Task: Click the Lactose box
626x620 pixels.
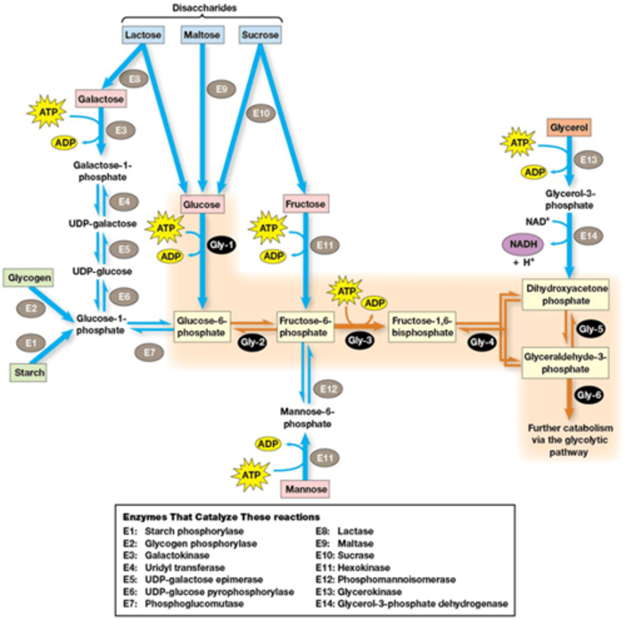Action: tap(143, 35)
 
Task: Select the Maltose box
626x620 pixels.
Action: tap(202, 35)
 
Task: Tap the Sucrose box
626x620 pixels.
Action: tap(260, 35)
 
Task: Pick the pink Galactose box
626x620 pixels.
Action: tap(101, 99)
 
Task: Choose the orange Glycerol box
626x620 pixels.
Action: tap(569, 127)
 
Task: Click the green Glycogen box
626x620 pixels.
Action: tap(29, 278)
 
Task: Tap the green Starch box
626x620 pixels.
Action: tap(29, 373)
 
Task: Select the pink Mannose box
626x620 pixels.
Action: tap(306, 489)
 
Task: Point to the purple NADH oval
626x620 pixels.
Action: tap(524, 244)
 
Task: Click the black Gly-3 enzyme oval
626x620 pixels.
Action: tap(360, 340)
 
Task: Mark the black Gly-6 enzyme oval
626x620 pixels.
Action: tap(589, 396)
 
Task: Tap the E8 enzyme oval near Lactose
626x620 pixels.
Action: tap(134, 79)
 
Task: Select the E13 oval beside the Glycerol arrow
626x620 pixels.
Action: tap(589, 160)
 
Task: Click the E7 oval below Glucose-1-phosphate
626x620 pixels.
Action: tap(149, 352)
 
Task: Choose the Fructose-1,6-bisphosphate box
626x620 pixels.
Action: tap(422, 327)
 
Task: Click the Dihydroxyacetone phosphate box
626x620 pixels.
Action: tap(566, 295)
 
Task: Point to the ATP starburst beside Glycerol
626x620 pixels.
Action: tap(519, 143)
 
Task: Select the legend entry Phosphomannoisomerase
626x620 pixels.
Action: tap(396, 580)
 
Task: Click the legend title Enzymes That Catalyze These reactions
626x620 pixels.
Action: tap(221, 517)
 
